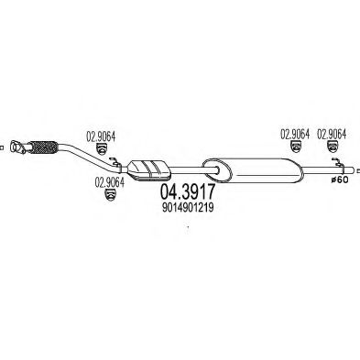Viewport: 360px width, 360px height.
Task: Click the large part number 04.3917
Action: coord(187,194)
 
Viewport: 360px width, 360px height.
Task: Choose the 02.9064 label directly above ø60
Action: coord(332,134)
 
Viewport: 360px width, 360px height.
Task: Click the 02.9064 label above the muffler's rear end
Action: coord(293,134)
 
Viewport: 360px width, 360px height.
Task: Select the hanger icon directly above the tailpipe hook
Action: coord(332,148)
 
